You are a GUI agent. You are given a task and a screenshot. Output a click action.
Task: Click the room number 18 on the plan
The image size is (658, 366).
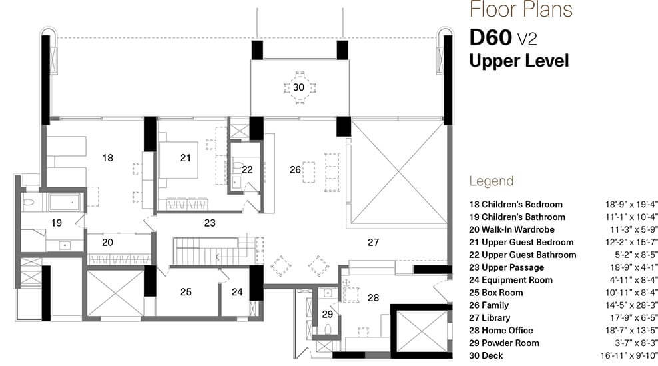click(107, 158)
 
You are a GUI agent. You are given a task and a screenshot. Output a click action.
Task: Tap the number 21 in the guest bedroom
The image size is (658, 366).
click(185, 158)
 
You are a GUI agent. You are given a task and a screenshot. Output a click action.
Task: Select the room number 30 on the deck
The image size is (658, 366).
click(298, 87)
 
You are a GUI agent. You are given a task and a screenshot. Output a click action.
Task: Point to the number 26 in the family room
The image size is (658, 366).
click(296, 169)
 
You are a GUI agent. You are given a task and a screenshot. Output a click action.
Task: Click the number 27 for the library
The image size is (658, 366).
click(373, 243)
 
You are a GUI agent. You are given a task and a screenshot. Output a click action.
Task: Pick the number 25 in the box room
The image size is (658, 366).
click(186, 291)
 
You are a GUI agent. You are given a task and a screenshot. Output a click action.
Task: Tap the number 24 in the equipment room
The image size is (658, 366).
click(237, 291)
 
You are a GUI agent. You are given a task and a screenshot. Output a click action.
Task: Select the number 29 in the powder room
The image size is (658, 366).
click(327, 313)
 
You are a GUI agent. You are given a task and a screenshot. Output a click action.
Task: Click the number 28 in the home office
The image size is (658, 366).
click(373, 297)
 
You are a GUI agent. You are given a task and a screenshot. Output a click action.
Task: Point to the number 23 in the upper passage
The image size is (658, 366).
click(210, 223)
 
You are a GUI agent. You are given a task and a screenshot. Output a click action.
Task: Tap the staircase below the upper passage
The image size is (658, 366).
click(213, 251)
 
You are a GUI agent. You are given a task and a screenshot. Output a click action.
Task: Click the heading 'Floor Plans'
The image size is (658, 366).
click(521, 10)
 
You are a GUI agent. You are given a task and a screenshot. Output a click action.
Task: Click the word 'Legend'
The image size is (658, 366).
click(491, 181)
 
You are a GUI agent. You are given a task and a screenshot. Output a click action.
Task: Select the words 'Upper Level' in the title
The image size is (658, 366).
click(519, 61)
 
